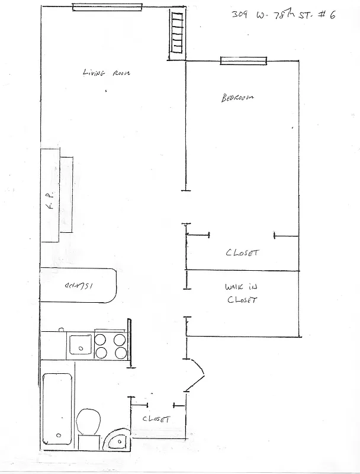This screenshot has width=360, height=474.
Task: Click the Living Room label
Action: click(106, 73)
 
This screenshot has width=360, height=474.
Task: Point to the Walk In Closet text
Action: click(242, 293)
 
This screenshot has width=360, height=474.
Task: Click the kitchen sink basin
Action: click(78, 345)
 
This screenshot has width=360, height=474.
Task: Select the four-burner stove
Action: click(111, 346)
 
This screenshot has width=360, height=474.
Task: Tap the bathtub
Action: click(58, 409)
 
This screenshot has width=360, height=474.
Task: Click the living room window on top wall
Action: click(107, 7)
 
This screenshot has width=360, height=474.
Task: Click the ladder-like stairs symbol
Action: click(177, 33)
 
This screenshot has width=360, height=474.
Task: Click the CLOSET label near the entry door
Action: click(156, 419)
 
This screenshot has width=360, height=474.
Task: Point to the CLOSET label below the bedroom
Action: click(242, 252)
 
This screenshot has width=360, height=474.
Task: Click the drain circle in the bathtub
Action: click(59, 436)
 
